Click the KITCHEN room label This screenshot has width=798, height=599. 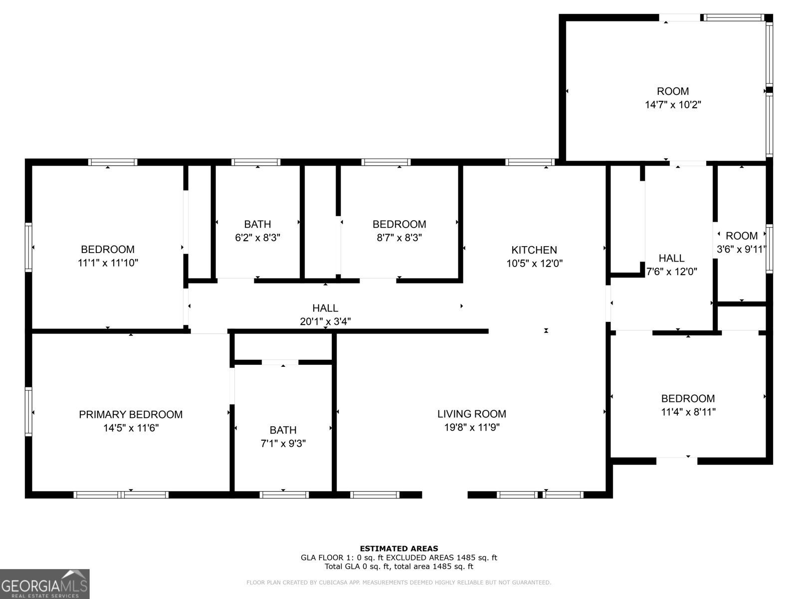pyautogui.click(x=534, y=250)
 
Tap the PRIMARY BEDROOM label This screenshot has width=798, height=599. pyautogui.click(x=131, y=414)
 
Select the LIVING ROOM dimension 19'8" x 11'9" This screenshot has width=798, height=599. pyautogui.click(x=472, y=427)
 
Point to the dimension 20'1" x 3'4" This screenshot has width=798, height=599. pyautogui.click(x=325, y=321)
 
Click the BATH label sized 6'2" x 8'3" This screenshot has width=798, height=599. pyautogui.click(x=257, y=224)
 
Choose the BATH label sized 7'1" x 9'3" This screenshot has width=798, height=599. pyautogui.click(x=283, y=430)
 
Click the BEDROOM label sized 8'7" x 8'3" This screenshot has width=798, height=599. pyautogui.click(x=399, y=224)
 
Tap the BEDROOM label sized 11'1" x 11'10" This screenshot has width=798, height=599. pyautogui.click(x=108, y=249)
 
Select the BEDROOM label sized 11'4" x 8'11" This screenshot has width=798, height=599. pyautogui.click(x=688, y=398)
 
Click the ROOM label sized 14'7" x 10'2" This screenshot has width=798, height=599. pyautogui.click(x=673, y=91)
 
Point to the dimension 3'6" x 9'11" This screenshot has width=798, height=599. pyautogui.click(x=741, y=250)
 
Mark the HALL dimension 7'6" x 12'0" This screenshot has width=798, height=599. pyautogui.click(x=671, y=272)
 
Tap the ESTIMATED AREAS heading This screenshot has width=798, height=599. pyautogui.click(x=399, y=549)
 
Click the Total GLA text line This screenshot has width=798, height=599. pyautogui.click(x=399, y=567)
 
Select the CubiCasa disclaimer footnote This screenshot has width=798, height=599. pyautogui.click(x=399, y=583)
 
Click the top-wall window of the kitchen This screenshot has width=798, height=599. pyautogui.click(x=530, y=162)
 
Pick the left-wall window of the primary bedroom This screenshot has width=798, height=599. pyautogui.click(x=28, y=412)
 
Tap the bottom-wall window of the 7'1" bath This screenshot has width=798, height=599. pyautogui.click(x=284, y=495)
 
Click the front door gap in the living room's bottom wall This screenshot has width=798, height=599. pyautogui.click(x=445, y=495)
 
